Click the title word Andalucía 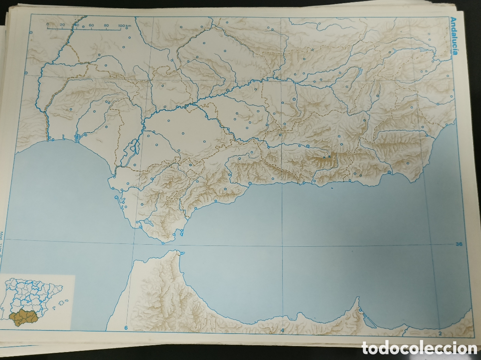(x=454, y=38)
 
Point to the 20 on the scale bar (x=62, y=25)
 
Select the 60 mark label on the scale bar (x=91, y=25)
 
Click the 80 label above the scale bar (x=106, y=25)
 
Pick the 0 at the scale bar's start (x=47, y=24)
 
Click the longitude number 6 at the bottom (x=125, y=328)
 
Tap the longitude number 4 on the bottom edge (x=282, y=330)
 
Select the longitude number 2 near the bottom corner (x=440, y=333)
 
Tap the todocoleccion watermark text (x=419, y=348)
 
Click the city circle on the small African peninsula (x=360, y=310)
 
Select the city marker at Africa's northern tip (x=182, y=253)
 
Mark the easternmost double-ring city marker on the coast (x=390, y=172)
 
